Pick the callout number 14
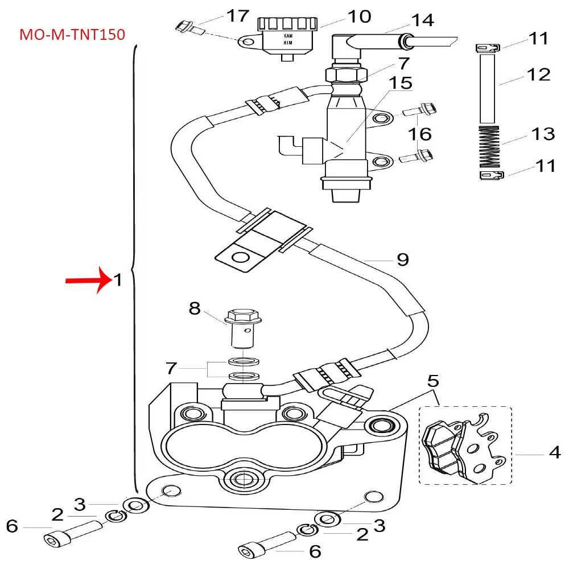click(422, 20)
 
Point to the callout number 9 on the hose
click(402, 259)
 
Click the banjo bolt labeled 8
click(242, 330)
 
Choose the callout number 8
click(195, 309)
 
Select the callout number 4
click(555, 453)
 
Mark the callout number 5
click(434, 380)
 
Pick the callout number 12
click(538, 75)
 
